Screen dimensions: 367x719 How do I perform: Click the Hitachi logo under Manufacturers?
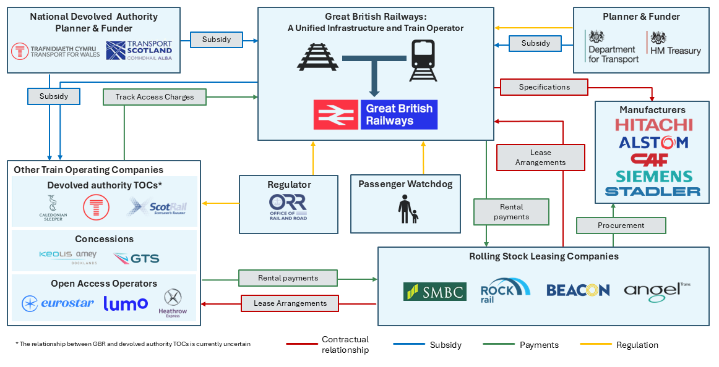[x=653, y=125]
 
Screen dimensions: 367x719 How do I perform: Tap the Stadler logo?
[x=653, y=192]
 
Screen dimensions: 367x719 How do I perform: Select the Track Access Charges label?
[x=155, y=97]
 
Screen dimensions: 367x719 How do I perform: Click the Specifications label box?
[x=544, y=87]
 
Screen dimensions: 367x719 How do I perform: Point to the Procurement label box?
[x=621, y=226]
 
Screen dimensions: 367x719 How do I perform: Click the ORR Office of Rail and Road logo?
[x=288, y=208]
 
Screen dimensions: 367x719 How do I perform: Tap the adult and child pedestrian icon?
[x=407, y=209]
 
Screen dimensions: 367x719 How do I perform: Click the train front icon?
[x=423, y=60]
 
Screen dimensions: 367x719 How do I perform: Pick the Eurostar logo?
[x=58, y=303]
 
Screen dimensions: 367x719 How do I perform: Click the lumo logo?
[x=126, y=303]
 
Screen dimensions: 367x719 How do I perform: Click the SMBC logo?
[x=434, y=292]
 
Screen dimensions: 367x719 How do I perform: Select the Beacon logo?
[x=578, y=290]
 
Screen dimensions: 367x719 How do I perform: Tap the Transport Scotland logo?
[x=139, y=50]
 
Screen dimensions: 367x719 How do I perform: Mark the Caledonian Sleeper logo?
[x=52, y=208]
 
